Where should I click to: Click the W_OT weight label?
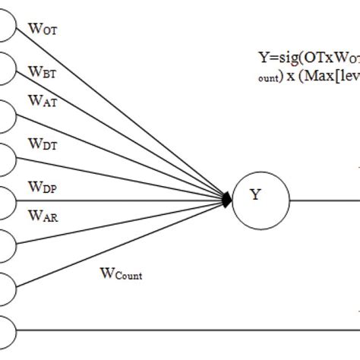pos(43,30)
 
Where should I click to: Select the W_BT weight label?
pos(43,74)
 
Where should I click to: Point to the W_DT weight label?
pos(43,144)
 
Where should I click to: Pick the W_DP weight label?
pos(43,187)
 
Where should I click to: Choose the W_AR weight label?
pos(43,216)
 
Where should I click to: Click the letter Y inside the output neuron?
pos(256,196)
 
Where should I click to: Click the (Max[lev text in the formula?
pos(327,77)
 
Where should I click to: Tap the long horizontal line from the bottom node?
pos(190,330)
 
